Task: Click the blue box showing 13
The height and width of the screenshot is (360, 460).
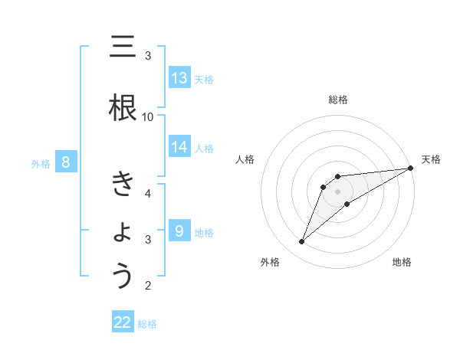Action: coord(179,78)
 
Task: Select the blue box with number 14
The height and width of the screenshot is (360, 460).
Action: coord(179,147)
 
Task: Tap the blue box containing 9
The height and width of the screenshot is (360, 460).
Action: coord(179,231)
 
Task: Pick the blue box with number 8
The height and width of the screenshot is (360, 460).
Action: coord(66,162)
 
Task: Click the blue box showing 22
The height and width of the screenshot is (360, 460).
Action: coord(123,322)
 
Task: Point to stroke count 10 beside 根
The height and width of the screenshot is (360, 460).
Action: coord(148,116)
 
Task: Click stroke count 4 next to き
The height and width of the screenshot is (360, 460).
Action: coord(148,193)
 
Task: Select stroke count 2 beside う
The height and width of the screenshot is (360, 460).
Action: coord(148,286)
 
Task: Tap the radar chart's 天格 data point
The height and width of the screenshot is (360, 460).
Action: coord(410,169)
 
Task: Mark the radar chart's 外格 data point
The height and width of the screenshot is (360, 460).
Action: coord(302,242)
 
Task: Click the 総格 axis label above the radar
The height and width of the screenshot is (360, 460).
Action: coord(337,100)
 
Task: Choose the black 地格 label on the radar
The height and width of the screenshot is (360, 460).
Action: coord(402,262)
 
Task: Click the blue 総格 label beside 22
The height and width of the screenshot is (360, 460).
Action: coord(147,324)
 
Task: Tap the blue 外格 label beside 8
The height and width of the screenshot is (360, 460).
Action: coord(40,164)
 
